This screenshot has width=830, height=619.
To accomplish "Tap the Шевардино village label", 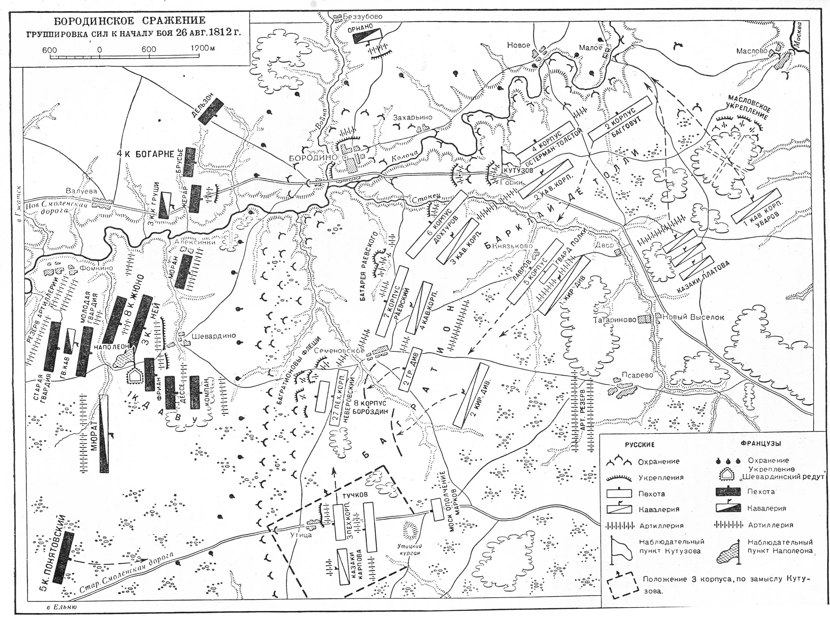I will [213, 336].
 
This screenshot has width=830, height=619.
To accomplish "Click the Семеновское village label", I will [339, 351].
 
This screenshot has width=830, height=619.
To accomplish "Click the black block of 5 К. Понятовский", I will [64, 557].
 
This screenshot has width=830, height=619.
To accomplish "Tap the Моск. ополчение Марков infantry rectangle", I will [437, 509].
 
